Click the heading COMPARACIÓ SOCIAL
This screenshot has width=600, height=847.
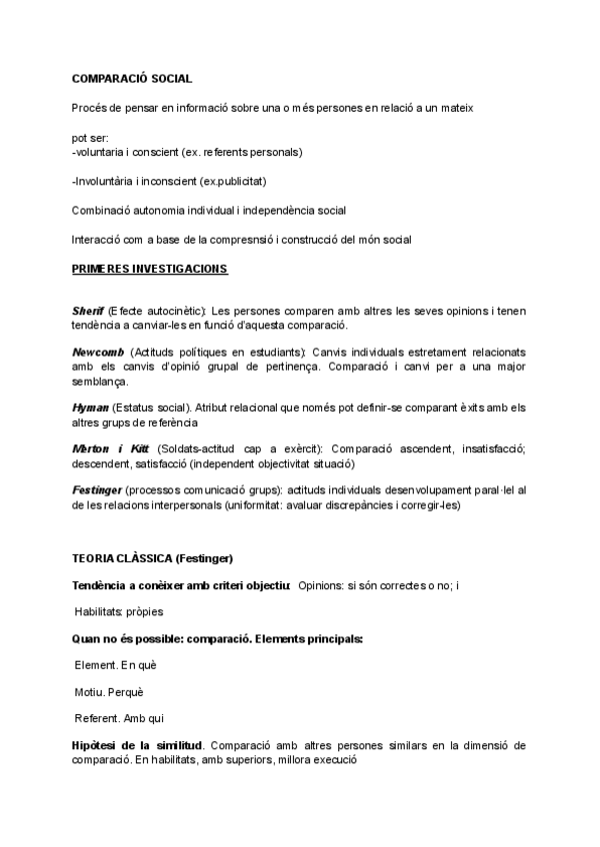132,78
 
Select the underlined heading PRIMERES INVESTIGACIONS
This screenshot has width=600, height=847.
150,269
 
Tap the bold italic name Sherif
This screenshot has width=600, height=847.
88,312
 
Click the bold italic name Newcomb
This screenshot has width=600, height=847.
98,353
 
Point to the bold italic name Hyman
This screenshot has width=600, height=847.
90,408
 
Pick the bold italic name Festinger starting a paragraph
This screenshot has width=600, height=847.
97,490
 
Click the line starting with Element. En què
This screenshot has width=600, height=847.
116,665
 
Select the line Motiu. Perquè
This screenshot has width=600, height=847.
110,692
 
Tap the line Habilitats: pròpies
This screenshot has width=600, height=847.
119,610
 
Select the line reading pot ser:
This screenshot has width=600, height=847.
90,139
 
